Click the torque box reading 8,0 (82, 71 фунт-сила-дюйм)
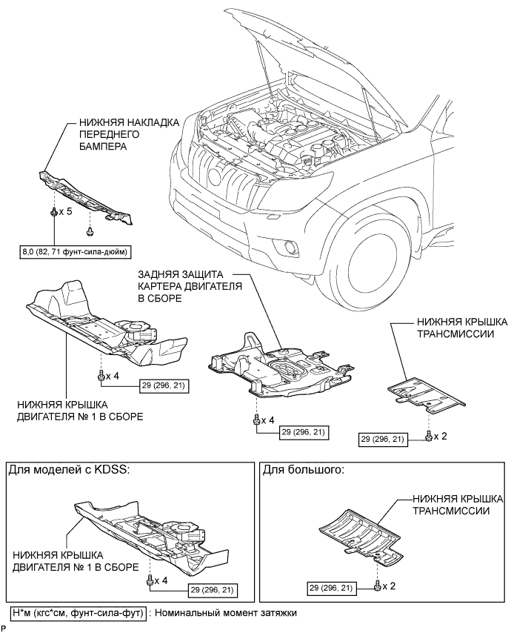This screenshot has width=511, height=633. pos(76,253)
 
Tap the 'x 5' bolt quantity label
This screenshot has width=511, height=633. pos(65,211)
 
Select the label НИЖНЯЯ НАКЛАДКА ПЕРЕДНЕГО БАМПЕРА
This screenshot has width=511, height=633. pos(129,134)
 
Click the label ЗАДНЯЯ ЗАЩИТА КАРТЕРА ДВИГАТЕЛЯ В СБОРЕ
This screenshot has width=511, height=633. pos(190,286)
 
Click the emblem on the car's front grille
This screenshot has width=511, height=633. pos(214,175)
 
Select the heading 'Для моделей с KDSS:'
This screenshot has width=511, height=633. pos(70,470)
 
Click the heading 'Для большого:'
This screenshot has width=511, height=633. pos(304,470)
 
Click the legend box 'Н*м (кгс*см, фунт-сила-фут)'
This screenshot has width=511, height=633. pos(78,613)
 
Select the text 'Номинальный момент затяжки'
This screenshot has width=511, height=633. pos(225,613)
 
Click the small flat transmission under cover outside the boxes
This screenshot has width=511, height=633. pos(427,396)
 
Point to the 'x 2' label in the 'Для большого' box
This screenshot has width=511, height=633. pos(388,586)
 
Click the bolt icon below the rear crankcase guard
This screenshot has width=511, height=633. pos(256,420)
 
